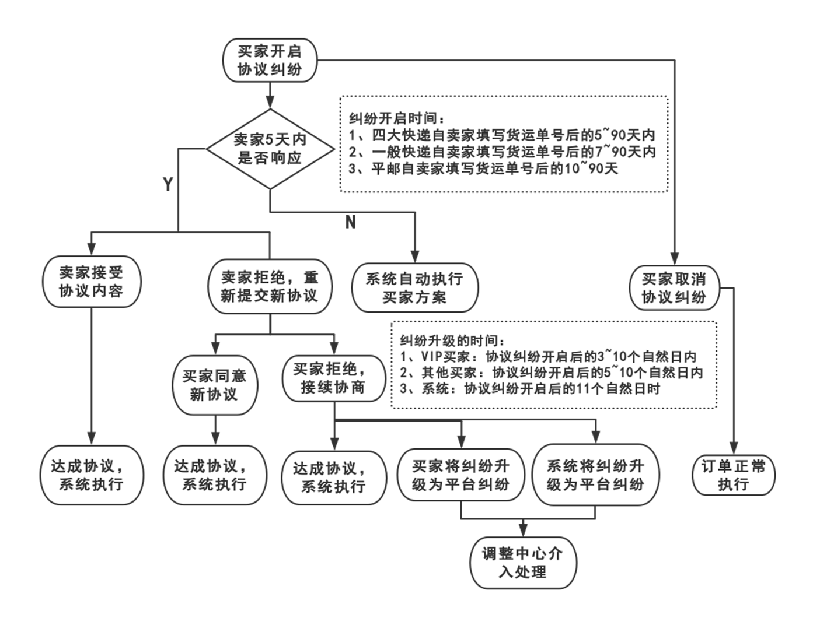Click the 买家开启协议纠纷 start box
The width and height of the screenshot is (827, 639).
270,60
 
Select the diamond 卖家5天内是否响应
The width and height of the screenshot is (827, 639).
270,149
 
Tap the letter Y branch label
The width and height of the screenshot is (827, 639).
168,184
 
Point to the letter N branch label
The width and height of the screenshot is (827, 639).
350,222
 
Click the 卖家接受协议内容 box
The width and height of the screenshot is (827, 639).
91,282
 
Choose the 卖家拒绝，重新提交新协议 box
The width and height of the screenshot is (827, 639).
270,286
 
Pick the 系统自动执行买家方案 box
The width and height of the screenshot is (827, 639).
414,287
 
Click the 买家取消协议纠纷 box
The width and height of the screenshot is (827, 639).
674,288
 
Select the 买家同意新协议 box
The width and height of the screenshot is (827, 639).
214,385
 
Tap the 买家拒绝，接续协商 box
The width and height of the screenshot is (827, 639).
333,378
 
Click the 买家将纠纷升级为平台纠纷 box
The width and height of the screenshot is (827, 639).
461,475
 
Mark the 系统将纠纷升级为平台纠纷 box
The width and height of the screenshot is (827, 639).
595,475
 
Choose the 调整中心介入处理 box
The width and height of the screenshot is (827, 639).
523,563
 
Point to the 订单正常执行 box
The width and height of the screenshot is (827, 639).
733,475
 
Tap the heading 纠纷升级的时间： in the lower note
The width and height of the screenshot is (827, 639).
449,341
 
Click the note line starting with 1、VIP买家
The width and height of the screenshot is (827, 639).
549,357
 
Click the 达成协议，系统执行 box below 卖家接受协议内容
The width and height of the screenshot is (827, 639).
91,475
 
